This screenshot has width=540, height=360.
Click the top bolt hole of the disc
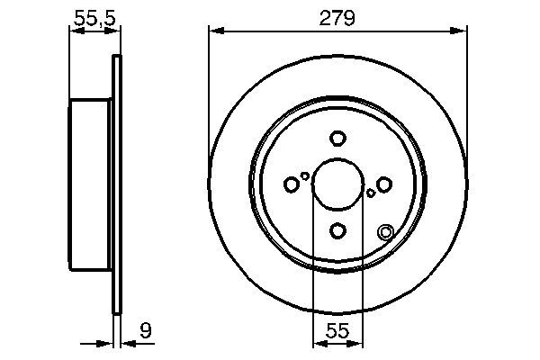337,139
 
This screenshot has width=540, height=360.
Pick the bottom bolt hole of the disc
337,231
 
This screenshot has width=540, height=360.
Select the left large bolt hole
291,184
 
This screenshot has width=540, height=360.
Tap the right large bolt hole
384,184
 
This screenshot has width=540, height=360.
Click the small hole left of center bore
305,175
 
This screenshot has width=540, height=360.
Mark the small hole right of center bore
370,193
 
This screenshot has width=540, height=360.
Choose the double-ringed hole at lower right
386,232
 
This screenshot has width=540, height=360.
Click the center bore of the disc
337,184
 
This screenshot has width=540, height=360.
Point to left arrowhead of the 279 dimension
213,31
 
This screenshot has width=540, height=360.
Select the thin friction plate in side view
115,184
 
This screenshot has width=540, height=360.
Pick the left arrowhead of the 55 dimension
317,342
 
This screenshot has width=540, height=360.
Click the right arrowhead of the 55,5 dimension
114,31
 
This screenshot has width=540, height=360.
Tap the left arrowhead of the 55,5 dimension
74,31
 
